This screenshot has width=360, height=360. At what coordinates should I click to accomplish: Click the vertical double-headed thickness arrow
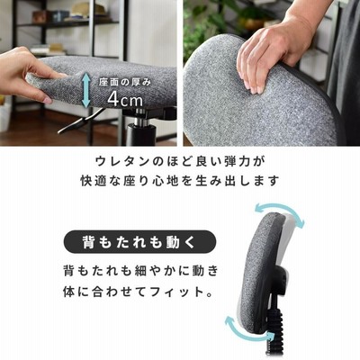[86, 91]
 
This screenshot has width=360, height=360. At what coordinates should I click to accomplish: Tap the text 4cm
[125, 100]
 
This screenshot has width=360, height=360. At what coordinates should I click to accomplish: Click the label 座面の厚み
[125, 82]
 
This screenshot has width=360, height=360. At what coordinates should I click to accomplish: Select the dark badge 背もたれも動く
[139, 242]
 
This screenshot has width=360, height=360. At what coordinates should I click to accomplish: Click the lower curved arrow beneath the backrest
[242, 327]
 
